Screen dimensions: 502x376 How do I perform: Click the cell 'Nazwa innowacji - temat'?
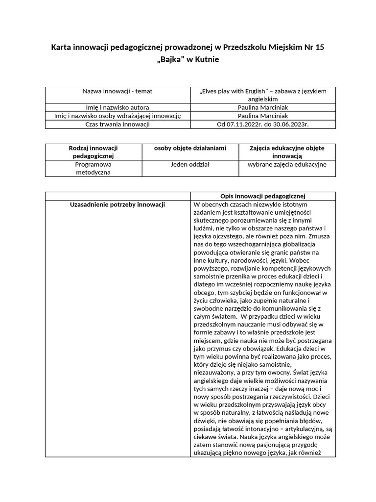coord(117,91)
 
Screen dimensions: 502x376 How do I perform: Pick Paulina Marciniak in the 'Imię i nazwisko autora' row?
coord(263,107)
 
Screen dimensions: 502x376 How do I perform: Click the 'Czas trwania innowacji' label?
coord(117,124)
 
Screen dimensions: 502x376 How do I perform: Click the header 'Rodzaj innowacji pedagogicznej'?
coord(93,151)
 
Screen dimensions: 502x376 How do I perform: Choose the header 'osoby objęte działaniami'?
coord(189,148)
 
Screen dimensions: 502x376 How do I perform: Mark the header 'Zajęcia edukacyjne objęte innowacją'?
coord(286,151)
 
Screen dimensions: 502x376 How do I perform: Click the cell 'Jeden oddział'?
coord(189,164)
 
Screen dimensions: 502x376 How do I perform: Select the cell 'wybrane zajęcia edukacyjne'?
coord(286,164)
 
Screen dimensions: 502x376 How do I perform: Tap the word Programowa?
coord(93,164)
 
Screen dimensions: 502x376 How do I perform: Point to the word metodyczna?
coord(93,172)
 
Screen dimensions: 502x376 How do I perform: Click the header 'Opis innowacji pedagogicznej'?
coord(263,196)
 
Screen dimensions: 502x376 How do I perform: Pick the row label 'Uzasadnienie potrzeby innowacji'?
coord(117,204)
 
